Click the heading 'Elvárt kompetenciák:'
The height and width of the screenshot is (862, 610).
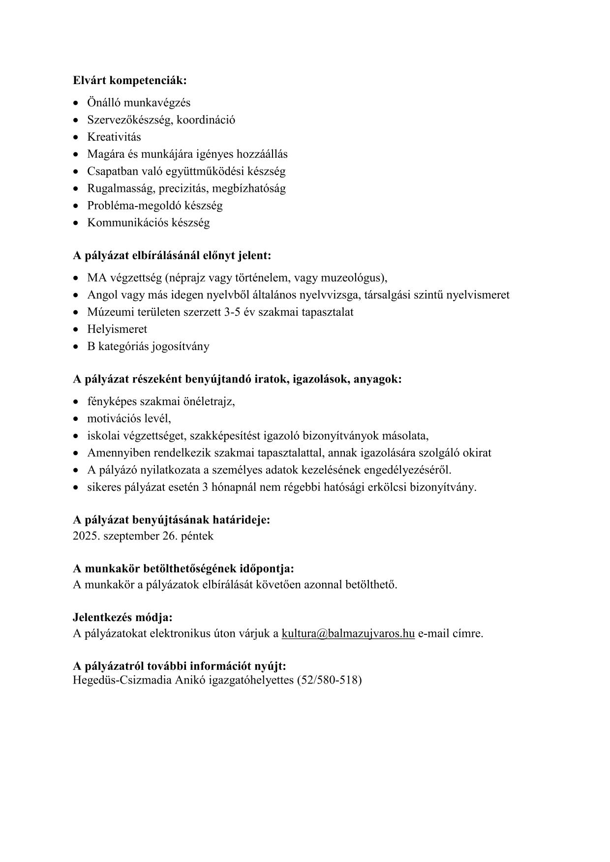click(130, 80)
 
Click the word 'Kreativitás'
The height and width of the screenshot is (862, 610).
click(114, 137)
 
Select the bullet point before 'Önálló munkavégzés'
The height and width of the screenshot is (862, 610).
click(76, 103)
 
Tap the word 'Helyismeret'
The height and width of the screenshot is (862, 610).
click(117, 329)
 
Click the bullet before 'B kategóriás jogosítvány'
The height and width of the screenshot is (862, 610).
click(76, 347)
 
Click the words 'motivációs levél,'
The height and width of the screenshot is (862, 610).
click(129, 418)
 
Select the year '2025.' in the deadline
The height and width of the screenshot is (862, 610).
click(86, 535)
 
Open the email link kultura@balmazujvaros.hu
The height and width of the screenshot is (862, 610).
click(348, 633)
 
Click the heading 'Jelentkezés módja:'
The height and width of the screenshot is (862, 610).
click(122, 617)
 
